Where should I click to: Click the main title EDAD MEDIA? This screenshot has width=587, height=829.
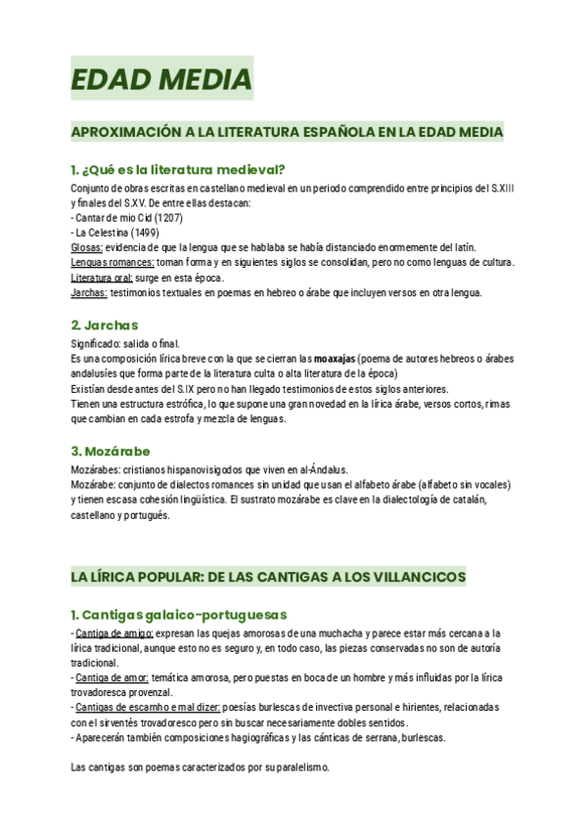click(x=161, y=78)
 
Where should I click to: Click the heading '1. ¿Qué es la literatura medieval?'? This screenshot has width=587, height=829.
click(x=178, y=169)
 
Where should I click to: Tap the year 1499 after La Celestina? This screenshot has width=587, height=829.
click(x=146, y=233)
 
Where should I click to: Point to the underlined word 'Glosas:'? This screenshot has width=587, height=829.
click(x=88, y=248)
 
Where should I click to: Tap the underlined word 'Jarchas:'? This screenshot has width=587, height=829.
click(x=90, y=292)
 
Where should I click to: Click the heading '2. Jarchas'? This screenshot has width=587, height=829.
click(x=105, y=325)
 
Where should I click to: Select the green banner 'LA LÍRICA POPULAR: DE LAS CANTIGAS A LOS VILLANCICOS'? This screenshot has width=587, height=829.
click(x=268, y=578)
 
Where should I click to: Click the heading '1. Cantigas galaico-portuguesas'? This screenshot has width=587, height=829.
click(x=178, y=615)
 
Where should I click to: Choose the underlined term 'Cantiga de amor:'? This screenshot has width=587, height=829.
click(x=113, y=677)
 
